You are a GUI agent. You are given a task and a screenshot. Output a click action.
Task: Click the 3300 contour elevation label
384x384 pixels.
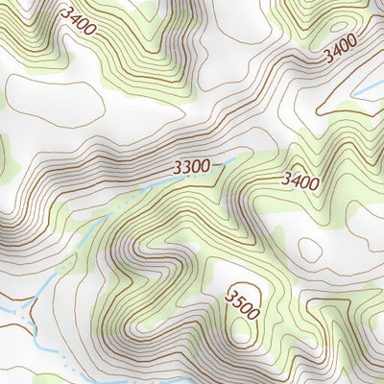pyautogui.click(x=192, y=167)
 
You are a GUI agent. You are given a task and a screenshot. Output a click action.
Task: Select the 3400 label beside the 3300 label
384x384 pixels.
pyautogui.click(x=300, y=178)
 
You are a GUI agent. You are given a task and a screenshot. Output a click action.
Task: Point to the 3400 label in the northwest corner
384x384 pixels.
pyautogui.click(x=77, y=20)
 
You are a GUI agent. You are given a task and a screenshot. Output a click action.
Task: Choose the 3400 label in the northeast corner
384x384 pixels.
pyautogui.click(x=340, y=48)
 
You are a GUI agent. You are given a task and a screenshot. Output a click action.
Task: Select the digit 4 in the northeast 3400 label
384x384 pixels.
pyautogui.click(x=336, y=51)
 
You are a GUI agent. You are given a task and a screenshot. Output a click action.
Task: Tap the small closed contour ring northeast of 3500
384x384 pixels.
pyautogui.click(x=309, y=250)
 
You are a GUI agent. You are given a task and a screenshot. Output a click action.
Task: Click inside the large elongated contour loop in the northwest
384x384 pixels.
pyautogui.click(x=53, y=101)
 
